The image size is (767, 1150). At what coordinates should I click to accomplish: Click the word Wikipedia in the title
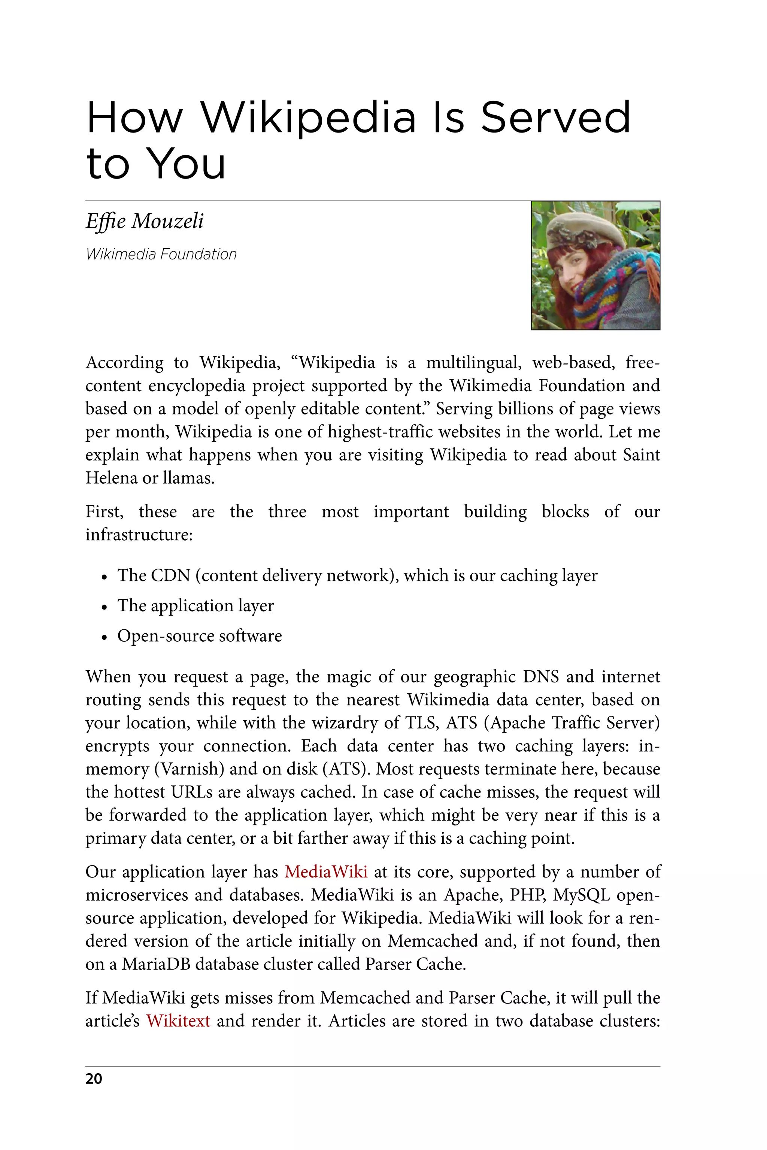point(308,118)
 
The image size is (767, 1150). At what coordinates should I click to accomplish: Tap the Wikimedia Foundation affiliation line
point(161,254)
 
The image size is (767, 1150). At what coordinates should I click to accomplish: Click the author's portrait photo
point(595,265)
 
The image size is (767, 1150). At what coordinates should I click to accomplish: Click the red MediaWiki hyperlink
point(326,872)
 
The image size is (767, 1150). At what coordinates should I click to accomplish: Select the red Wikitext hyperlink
point(178,1021)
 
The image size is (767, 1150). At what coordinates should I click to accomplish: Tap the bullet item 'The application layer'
point(195,606)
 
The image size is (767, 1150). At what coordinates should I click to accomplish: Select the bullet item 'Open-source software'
point(199,636)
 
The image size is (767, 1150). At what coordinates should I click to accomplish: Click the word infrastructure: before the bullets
point(139,535)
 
